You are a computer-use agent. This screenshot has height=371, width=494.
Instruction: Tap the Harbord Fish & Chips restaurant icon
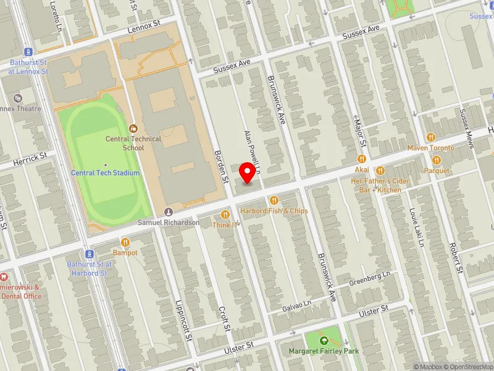[274, 200]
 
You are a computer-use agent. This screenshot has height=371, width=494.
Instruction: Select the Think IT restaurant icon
[225, 215]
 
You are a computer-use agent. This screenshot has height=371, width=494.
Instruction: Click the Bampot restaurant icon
[125, 242]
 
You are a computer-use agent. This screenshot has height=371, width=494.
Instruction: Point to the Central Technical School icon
[133, 129]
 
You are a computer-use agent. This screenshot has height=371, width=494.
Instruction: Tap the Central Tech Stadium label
[105, 173]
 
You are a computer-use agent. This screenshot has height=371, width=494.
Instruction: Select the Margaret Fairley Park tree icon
[324, 341]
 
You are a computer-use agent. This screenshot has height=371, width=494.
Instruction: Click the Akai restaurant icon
[362, 159]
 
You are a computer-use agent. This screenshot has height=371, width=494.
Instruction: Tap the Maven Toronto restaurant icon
[430, 137]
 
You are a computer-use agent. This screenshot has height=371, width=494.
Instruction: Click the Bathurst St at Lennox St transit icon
[28, 52]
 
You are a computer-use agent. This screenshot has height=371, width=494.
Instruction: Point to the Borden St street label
[221, 166]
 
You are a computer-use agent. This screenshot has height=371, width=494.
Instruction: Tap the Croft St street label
[224, 318]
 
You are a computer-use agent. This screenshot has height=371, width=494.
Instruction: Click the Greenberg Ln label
[370, 278]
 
